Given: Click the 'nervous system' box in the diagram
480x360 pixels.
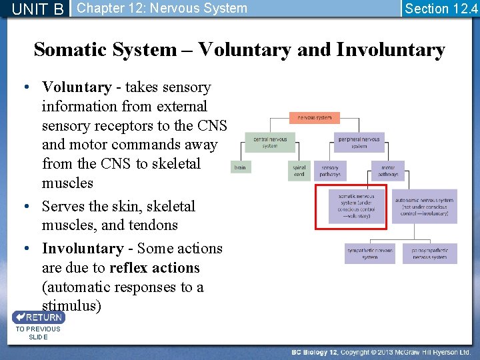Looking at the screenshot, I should click(314, 118).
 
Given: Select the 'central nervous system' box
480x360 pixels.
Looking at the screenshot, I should click(269, 143).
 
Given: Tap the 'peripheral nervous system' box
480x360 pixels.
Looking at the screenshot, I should click(359, 143).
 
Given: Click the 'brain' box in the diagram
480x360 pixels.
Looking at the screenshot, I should click(240, 168).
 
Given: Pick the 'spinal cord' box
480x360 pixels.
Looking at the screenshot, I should click(299, 171).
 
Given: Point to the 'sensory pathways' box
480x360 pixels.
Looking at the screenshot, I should click(329, 171).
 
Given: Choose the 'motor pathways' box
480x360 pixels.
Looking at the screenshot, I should click(388, 171).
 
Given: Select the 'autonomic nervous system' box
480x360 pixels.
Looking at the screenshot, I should click(424, 207).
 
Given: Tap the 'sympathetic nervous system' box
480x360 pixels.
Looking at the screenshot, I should click(370, 253).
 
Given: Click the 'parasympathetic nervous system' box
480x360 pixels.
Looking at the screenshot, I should click(429, 253).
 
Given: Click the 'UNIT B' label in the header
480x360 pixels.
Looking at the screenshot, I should click(38, 9).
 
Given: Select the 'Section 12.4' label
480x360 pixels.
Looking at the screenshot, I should click(441, 9).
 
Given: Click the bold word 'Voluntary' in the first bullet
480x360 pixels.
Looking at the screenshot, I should click(76, 87).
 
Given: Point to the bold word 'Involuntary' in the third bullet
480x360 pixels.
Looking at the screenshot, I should click(82, 249).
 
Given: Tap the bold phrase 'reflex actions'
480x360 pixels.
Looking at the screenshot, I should click(154, 268).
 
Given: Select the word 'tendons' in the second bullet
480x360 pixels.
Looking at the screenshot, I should click(153, 225).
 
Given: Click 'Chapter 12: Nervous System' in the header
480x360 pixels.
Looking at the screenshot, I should click(162, 9).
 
